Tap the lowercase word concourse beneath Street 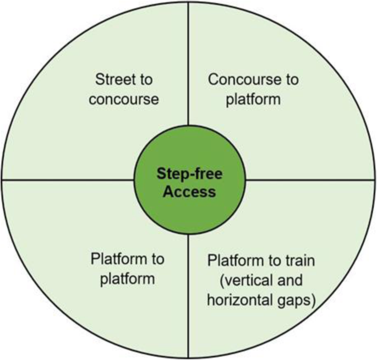point(127,100)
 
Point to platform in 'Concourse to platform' point(253,100)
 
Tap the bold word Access point(189,192)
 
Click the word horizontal point(231,301)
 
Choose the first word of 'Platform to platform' point(114,259)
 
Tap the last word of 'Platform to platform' point(127,279)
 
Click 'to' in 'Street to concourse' point(145,79)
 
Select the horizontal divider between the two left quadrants point(66,179)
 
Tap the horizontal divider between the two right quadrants point(311,179)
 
